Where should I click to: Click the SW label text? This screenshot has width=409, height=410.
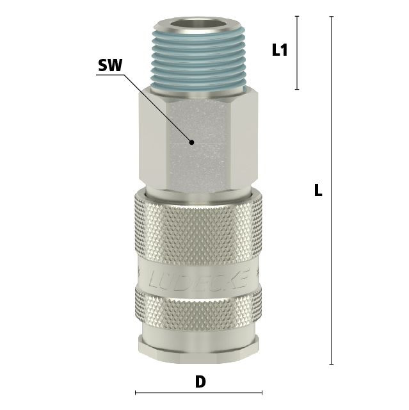[110, 65]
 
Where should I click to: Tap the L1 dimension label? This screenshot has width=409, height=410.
[280, 50]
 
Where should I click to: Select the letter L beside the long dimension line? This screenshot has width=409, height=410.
[318, 190]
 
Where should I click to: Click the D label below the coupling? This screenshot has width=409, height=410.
[200, 382]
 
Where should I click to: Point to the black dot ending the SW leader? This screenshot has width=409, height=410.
[192, 142]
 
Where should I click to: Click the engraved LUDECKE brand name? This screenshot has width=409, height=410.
[199, 279]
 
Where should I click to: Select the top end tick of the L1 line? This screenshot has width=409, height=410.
[297, 16]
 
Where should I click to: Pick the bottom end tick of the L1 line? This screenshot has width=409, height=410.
[297, 90]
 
